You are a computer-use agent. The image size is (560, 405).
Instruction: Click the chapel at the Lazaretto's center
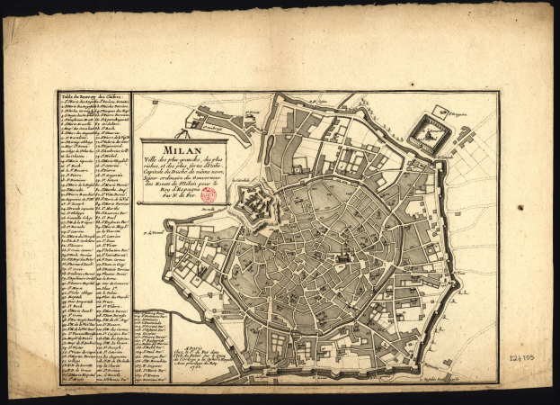(x=428, y=130)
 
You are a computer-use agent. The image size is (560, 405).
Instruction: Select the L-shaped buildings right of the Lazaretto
(x=467, y=139)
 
